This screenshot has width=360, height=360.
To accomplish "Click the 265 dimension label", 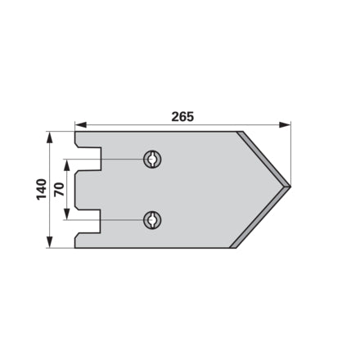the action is point(182,117).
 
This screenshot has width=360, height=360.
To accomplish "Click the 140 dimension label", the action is point(42,190).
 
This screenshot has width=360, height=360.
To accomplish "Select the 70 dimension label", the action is point(59,190).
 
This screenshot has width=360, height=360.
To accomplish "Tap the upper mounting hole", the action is point(152,159).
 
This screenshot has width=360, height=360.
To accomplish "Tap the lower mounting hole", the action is point(152,220).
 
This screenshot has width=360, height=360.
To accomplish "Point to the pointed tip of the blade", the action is point(290,187).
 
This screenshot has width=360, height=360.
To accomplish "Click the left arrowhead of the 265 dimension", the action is point(81,125).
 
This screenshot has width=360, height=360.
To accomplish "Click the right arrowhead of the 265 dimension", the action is point(285,125).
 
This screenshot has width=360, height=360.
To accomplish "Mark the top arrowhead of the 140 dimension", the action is point(49,137).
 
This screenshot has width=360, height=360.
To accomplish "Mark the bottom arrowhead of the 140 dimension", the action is point(49,242).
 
